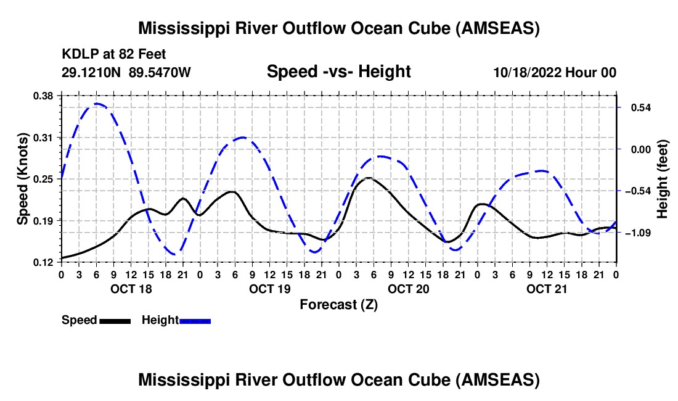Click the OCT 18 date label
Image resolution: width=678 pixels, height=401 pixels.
[x=131, y=289]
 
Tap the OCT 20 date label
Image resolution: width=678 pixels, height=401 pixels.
[x=408, y=289]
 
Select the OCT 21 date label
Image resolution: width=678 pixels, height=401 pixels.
[x=547, y=289]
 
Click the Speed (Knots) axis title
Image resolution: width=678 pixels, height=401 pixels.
[x=23, y=179]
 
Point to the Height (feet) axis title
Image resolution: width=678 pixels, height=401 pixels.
[x=663, y=179]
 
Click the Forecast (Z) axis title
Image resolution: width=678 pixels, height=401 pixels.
[x=338, y=304]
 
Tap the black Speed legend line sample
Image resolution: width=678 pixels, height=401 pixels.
[x=115, y=321]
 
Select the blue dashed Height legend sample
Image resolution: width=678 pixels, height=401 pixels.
[x=195, y=321]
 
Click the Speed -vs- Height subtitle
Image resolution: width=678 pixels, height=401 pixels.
[x=338, y=72]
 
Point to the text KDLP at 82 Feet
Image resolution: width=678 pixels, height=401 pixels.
[x=114, y=54]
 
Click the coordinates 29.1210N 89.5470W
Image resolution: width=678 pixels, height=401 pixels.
[x=126, y=72]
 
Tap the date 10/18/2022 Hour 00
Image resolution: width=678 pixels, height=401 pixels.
[x=555, y=72]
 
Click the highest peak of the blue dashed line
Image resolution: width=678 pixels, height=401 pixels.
[x=97, y=104]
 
